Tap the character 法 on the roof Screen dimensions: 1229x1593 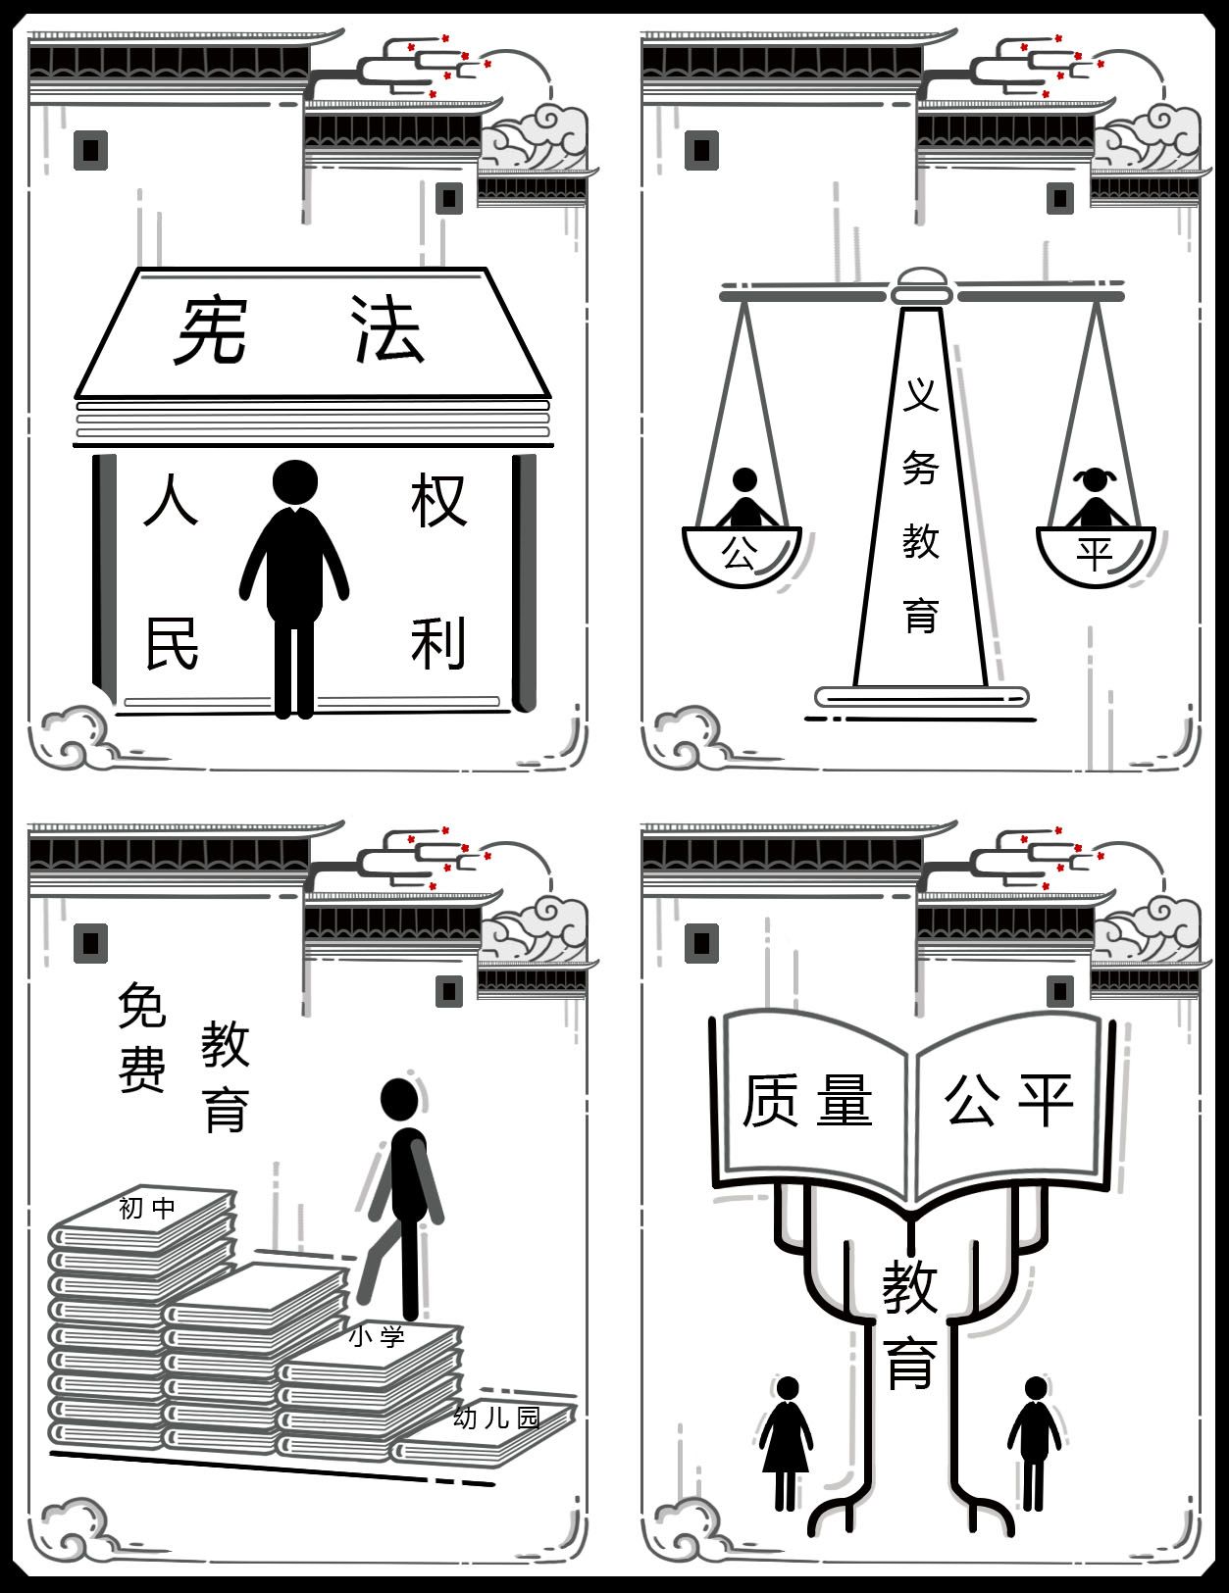tap(387, 329)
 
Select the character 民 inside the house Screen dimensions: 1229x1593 tap(172, 643)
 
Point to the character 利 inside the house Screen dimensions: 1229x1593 tap(438, 643)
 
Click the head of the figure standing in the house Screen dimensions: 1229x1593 tap(295, 483)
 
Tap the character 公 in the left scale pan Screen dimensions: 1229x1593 tap(739, 553)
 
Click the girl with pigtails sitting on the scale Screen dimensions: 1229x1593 tap(1097, 499)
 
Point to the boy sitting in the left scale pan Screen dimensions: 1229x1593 tap(745, 498)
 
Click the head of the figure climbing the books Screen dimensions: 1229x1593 tap(399, 1099)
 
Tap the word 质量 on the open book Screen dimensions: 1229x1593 tap(807, 1100)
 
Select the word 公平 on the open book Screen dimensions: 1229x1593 tap(1009, 1100)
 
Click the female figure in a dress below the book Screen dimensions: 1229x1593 tap(786, 1443)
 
